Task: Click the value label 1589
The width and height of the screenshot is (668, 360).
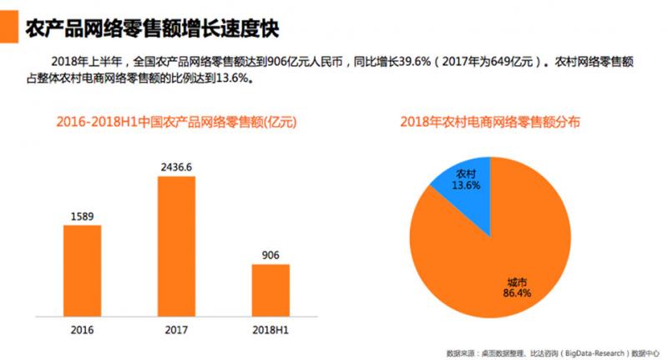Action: point(83,216)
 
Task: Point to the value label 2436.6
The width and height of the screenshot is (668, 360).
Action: point(176,167)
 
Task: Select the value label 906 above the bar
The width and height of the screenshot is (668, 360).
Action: point(270,255)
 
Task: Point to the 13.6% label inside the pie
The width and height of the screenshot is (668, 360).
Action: point(467,186)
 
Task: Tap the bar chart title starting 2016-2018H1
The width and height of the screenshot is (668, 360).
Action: point(176,122)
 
